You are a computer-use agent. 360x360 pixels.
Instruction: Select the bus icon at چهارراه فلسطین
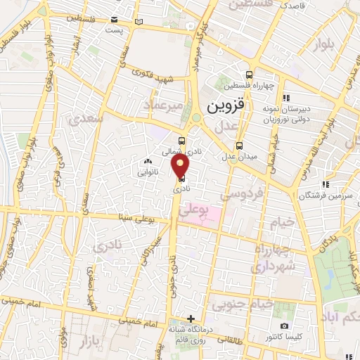(250, 75)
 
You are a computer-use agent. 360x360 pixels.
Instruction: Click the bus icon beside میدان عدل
(240, 145)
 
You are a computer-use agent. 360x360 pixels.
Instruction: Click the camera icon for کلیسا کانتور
(284, 326)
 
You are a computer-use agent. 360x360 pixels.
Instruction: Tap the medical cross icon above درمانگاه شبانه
(191, 318)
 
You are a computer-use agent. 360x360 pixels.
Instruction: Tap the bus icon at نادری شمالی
(182, 140)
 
